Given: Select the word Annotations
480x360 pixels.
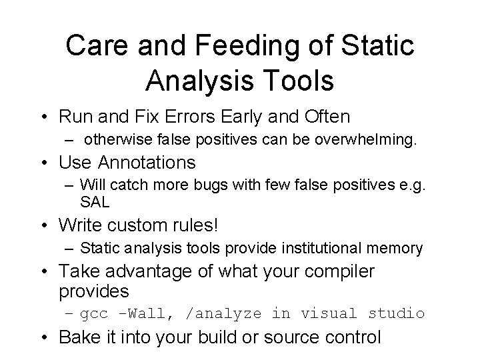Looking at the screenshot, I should tap(147, 162).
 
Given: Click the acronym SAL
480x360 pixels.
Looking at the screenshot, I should tap(95, 201).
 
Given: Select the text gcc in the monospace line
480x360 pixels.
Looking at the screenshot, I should tap(95, 313).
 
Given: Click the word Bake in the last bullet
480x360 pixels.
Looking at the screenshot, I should tap(78, 337).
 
